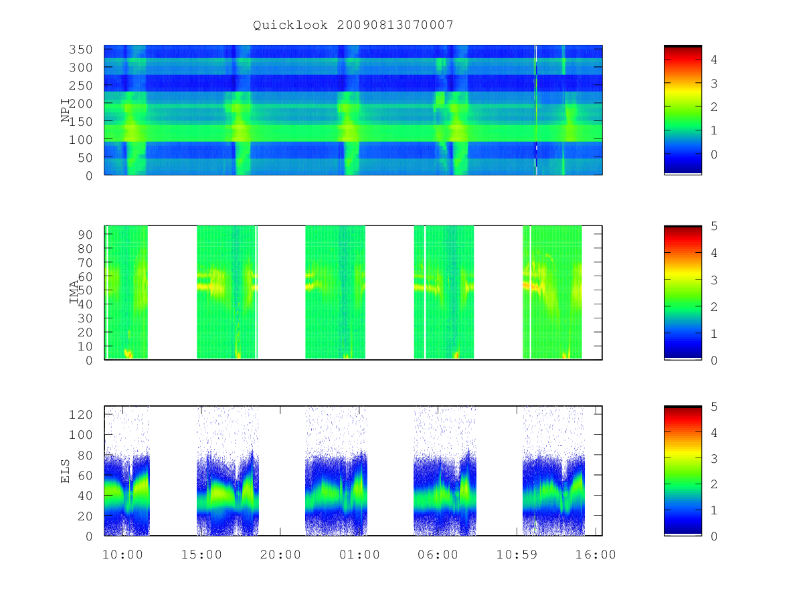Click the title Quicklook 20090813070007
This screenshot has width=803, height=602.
(353, 25)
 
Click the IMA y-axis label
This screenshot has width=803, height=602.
(74, 292)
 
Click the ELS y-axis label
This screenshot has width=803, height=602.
(66, 471)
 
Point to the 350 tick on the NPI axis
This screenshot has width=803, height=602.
(80, 49)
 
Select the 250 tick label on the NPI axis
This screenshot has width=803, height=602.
(80, 86)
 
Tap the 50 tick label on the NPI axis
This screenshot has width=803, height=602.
(84, 158)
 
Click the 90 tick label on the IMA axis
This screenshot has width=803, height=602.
(84, 235)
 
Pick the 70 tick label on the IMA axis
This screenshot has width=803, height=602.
(84, 262)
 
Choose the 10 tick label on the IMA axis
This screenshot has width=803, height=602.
(84, 346)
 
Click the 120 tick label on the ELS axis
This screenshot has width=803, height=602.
(80, 415)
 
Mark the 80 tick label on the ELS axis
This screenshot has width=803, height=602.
(84, 455)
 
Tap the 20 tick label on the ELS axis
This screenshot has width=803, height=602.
(84, 516)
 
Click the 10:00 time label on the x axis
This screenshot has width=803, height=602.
(122, 555)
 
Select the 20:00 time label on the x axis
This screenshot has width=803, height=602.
(280, 555)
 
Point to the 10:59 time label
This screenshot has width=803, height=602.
(517, 555)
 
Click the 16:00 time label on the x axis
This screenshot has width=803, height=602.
(596, 555)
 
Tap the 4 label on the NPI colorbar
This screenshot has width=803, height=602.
(714, 60)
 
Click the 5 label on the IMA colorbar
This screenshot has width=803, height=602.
(714, 226)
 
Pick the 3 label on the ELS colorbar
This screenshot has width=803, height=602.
(714, 458)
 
